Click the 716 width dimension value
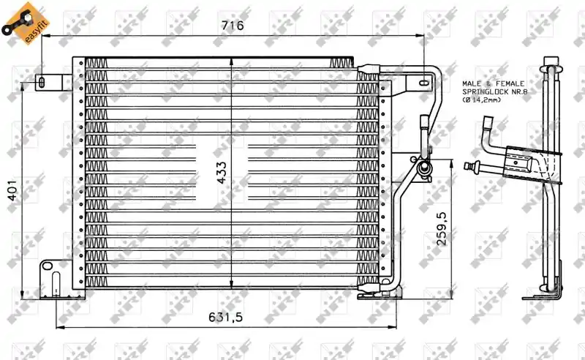point(233,25)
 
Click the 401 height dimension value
point(12,190)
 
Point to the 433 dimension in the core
point(222,173)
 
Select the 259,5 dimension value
point(441,228)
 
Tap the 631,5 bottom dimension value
point(225,317)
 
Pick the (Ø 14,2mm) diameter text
point(482,100)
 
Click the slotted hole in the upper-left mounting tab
point(42,83)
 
